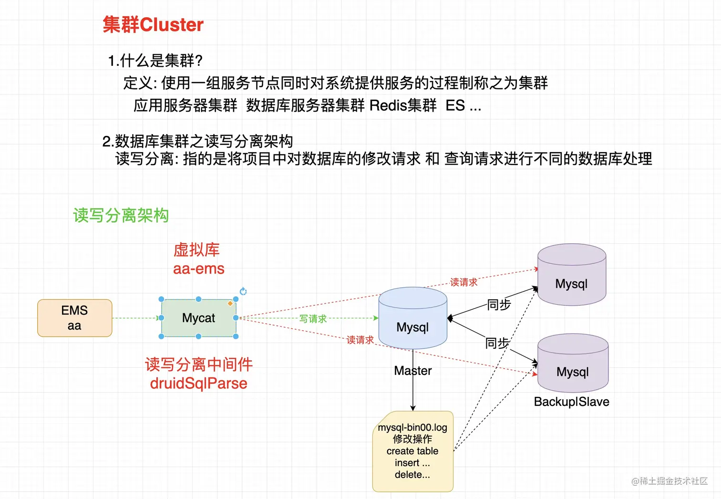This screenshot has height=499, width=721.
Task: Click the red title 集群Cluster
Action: pyautogui.click(x=153, y=25)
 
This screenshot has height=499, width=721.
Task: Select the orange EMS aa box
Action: pyautogui.click(x=75, y=318)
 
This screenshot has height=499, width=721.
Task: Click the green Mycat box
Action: pyautogui.click(x=198, y=318)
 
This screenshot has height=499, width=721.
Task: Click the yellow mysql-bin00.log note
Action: pyautogui.click(x=412, y=451)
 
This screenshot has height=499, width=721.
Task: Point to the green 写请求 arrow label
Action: pyautogui.click(x=313, y=319)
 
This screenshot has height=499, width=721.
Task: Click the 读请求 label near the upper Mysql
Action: pyautogui.click(x=463, y=282)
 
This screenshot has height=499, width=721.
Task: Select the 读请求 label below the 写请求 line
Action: pyautogui.click(x=360, y=340)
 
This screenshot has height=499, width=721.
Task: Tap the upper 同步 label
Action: pyautogui.click(x=499, y=304)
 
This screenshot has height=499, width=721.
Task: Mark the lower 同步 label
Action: pyautogui.click(x=497, y=343)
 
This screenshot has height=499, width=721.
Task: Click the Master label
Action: pyautogui.click(x=413, y=371)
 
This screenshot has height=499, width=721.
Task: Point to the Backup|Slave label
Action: pyautogui.click(x=571, y=402)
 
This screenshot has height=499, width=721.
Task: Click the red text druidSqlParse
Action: pyautogui.click(x=198, y=384)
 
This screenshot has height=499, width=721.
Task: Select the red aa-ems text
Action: pyautogui.click(x=198, y=269)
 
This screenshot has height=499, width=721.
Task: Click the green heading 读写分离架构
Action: pyautogui.click(x=121, y=216)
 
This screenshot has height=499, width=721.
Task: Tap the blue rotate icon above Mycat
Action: pyautogui.click(x=243, y=291)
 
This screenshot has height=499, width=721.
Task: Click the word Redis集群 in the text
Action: pyautogui.click(x=403, y=105)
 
